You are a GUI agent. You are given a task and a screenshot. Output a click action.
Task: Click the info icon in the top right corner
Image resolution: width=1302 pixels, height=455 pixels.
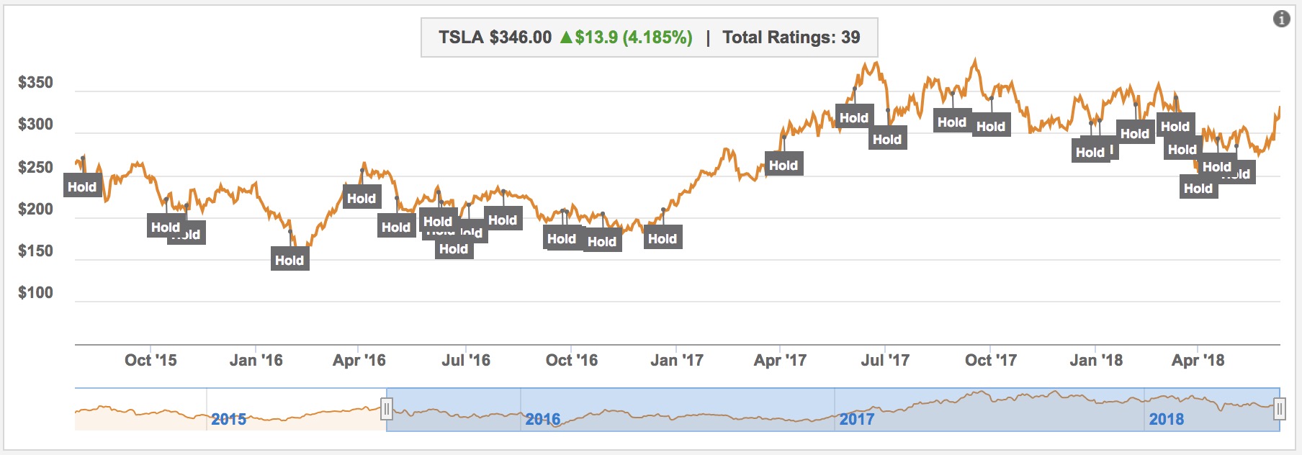point(1281,19)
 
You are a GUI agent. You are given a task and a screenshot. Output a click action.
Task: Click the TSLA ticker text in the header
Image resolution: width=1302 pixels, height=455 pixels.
point(461,37)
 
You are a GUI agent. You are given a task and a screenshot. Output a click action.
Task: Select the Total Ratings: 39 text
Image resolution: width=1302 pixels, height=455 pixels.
point(791,37)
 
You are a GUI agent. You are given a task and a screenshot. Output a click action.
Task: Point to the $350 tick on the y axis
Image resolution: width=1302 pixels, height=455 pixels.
point(35,83)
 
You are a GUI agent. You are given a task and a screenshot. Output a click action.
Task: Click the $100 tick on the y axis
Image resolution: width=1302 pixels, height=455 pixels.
point(35,293)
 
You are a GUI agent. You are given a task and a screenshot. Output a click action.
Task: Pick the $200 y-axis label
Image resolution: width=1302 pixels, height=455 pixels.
point(35,210)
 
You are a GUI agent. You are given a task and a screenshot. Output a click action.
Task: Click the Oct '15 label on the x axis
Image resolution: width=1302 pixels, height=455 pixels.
point(151,360)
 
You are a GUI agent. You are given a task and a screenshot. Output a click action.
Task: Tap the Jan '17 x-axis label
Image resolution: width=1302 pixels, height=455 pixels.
point(677,360)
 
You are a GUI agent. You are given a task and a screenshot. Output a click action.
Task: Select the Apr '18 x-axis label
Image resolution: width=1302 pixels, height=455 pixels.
point(1198,360)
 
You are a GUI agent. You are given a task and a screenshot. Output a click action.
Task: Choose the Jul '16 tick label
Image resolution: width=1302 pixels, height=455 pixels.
point(466,360)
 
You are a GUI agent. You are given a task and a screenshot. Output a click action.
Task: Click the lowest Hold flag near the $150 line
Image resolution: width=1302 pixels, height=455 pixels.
point(289,260)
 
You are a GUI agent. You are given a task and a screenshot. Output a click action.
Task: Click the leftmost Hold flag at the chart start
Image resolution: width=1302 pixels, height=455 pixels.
point(82,186)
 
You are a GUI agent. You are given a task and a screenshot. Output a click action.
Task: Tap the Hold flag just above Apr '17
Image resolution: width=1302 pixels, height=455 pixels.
point(784,165)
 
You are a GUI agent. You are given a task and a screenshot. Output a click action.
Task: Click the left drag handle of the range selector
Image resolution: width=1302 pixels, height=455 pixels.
point(387,410)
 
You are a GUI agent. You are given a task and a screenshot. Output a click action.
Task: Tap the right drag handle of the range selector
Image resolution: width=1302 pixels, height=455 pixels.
point(1279,410)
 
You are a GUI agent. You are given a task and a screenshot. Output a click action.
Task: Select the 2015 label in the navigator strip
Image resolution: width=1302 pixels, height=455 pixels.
point(228,419)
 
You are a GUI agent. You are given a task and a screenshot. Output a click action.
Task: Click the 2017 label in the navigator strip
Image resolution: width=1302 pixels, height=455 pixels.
point(856,419)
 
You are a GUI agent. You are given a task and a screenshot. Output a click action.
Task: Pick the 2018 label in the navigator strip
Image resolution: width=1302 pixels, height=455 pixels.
point(1166,419)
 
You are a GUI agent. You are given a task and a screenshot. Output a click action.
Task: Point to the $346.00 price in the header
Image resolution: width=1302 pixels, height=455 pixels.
point(520,37)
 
